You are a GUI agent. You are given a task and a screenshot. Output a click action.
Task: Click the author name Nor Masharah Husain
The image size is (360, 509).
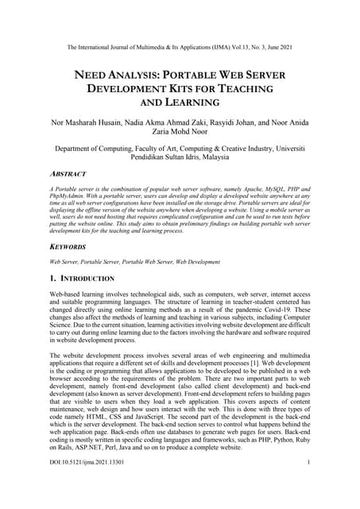pyautogui.click(x=92, y=123)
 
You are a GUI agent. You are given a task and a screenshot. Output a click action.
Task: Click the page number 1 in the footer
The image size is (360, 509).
pyautogui.click(x=307, y=484)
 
